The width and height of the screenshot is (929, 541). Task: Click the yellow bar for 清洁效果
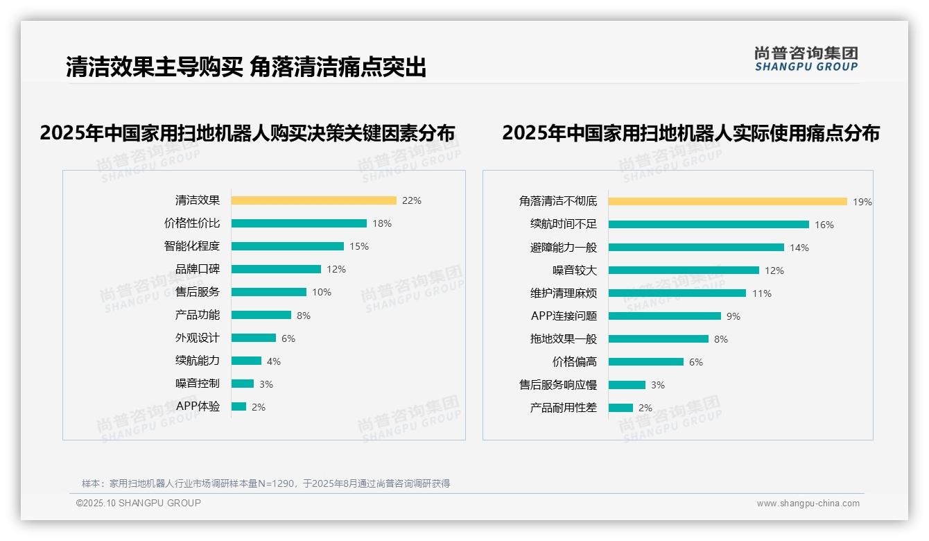tap(313, 200)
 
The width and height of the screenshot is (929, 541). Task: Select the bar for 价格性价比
tap(299, 223)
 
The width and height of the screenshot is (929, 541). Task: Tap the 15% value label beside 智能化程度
tap(359, 246)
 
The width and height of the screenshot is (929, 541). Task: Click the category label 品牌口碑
tap(197, 269)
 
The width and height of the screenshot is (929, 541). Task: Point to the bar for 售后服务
tap(268, 292)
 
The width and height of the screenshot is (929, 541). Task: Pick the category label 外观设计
tap(197, 338)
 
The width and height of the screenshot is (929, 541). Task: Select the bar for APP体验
tap(238, 406)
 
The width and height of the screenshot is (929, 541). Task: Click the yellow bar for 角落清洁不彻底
tap(728, 201)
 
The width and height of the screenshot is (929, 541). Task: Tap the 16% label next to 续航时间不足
tap(824, 225)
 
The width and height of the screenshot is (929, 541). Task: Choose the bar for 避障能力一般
tap(696, 248)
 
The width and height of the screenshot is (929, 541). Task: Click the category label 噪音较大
tap(574, 270)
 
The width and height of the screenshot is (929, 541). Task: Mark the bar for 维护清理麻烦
tap(677, 293)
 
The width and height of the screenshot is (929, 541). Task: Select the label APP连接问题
tap(564, 316)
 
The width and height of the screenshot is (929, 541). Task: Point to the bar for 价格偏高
tap(646, 362)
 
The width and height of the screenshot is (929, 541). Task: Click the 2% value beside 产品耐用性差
tap(645, 408)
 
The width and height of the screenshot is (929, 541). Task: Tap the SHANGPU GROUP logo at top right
tap(806, 59)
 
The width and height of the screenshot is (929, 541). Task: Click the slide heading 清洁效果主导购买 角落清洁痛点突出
tap(246, 67)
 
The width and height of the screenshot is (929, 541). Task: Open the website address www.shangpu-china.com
tap(808, 504)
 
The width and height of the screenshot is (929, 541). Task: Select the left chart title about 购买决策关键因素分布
tap(248, 132)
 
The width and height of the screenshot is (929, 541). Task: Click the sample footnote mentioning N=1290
tap(266, 483)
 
